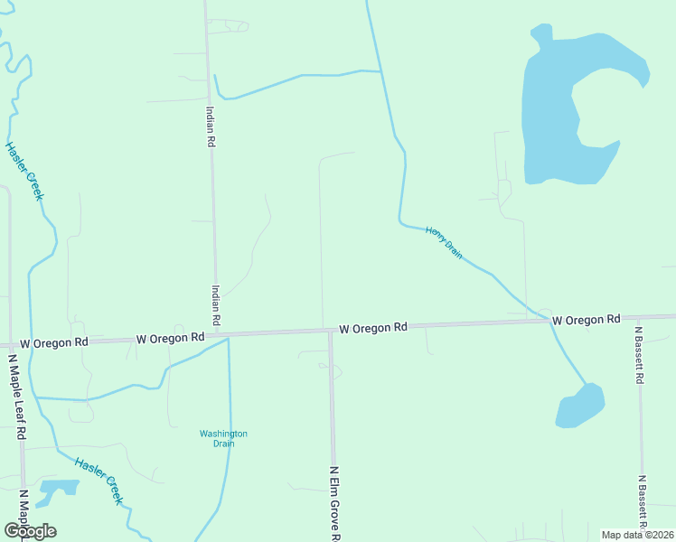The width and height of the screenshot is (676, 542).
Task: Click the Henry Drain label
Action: coord(444,243)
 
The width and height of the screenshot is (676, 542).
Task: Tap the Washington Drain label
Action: coord(223,438)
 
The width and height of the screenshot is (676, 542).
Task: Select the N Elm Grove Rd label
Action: coord(334,502)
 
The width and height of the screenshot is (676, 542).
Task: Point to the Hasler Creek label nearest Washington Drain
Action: coord(99,479)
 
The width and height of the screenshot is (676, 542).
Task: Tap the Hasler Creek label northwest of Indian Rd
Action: coord(25,171)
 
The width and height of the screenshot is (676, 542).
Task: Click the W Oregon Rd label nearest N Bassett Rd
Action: coord(586,320)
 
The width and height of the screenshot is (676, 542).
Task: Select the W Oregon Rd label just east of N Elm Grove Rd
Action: coord(373,328)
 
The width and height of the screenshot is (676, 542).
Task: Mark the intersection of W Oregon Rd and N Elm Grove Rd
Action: coord(330,331)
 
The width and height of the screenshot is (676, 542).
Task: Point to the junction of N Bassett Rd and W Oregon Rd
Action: coord(640,318)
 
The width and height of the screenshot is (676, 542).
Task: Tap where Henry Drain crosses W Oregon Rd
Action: coord(549,321)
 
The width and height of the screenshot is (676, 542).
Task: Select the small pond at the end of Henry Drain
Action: coord(580,406)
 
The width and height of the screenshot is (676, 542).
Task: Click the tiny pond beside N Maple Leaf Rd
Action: coord(60,489)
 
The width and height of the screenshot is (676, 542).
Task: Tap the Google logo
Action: coord(30,530)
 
